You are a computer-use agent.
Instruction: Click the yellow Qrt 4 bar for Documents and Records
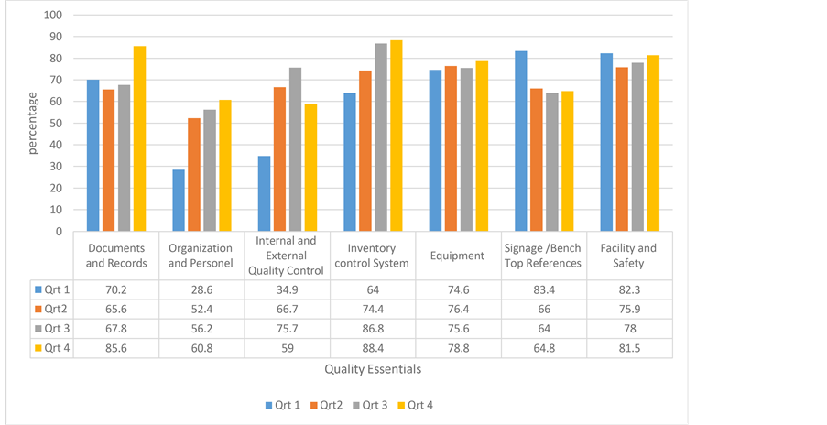click(139, 138)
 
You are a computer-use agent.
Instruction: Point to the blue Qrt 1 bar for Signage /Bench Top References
click(521, 141)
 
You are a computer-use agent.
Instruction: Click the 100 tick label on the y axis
click(53, 16)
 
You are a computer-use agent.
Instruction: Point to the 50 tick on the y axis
click(56, 123)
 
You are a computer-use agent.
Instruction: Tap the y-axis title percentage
click(33, 124)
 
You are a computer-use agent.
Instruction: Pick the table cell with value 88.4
click(372, 348)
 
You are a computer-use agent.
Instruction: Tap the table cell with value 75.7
click(287, 328)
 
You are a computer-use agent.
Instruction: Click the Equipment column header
click(458, 256)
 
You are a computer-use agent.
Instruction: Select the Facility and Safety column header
click(628, 256)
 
